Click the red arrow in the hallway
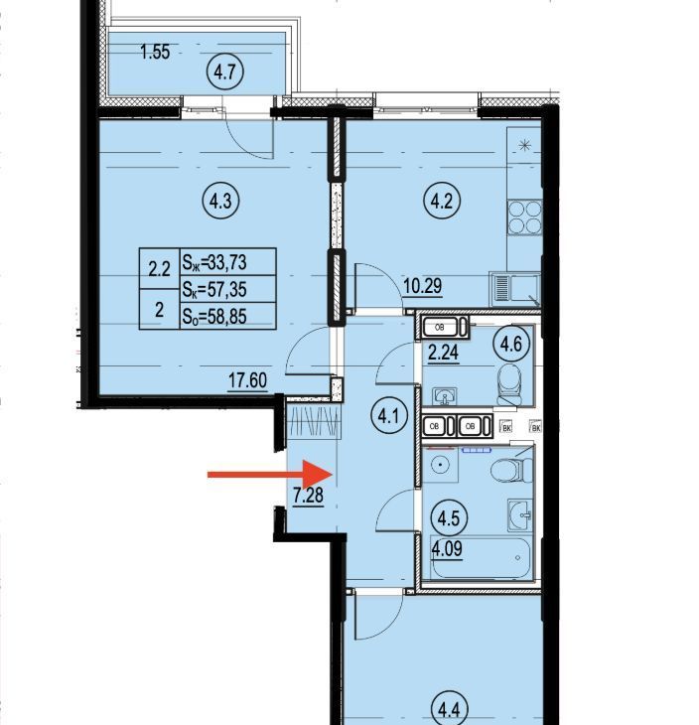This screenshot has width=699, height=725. click(x=270, y=474)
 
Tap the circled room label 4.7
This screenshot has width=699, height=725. click(x=225, y=72)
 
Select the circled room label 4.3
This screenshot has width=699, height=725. click(x=220, y=202)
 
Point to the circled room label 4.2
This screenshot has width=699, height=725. click(x=442, y=202)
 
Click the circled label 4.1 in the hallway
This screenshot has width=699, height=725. click(x=388, y=417)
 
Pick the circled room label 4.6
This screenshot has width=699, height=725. click(x=510, y=344)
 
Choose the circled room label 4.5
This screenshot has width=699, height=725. click(x=449, y=517)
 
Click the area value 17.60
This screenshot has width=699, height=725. click(x=248, y=380)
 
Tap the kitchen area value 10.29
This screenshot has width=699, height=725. click(x=423, y=286)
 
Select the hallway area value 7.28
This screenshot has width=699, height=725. click(x=309, y=496)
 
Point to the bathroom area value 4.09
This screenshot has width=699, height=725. click(x=447, y=549)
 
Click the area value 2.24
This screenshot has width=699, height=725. click(x=444, y=353)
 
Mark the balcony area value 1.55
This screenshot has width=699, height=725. click(x=155, y=52)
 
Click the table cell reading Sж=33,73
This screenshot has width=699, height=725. click(x=228, y=262)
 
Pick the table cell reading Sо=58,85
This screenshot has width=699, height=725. click(x=228, y=316)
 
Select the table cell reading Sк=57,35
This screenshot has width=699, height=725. click(x=228, y=289)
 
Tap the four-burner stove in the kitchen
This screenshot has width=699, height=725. click(x=524, y=217)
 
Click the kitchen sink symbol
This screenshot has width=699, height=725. click(x=515, y=289)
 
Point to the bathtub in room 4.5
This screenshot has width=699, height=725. click(x=482, y=557)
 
